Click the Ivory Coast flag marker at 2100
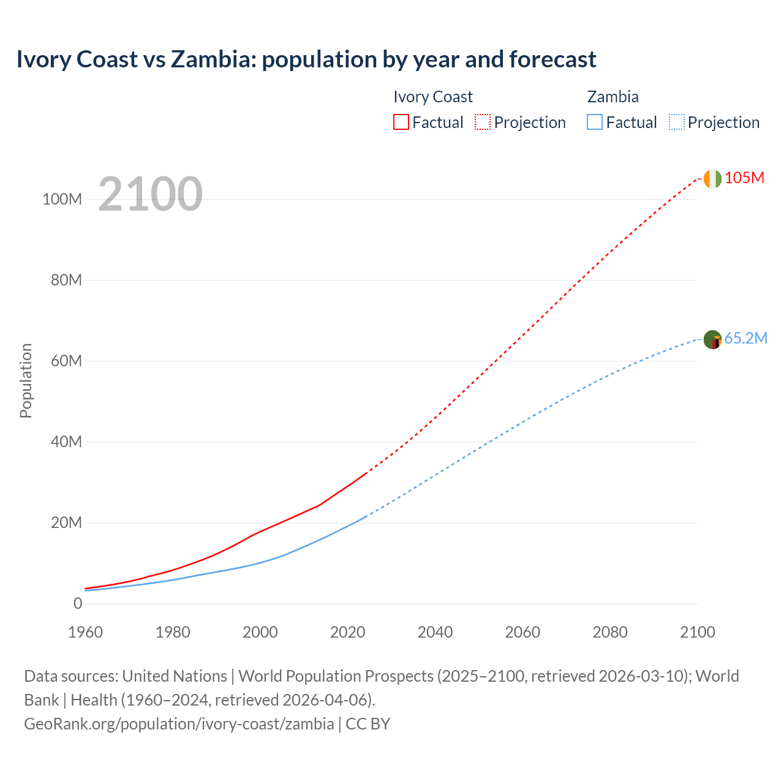coord(712,179)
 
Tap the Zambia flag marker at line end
coord(712,339)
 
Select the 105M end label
coord(744,178)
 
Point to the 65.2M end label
coord(745,338)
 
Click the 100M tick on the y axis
coord(62,200)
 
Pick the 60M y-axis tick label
coord(66,361)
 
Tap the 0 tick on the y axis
coord(78,603)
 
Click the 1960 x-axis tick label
coord(85,632)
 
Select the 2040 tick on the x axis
coord(435,632)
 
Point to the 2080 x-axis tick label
coord(610,632)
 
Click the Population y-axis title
coord(26,380)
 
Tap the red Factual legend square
coord(401,122)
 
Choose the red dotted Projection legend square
coord(483,122)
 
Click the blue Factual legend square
coord(595,122)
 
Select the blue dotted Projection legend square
coord(676,122)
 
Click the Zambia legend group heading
coord(612,97)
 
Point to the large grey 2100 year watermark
coord(150,194)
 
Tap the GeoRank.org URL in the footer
coord(179,723)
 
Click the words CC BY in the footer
coord(367,723)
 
